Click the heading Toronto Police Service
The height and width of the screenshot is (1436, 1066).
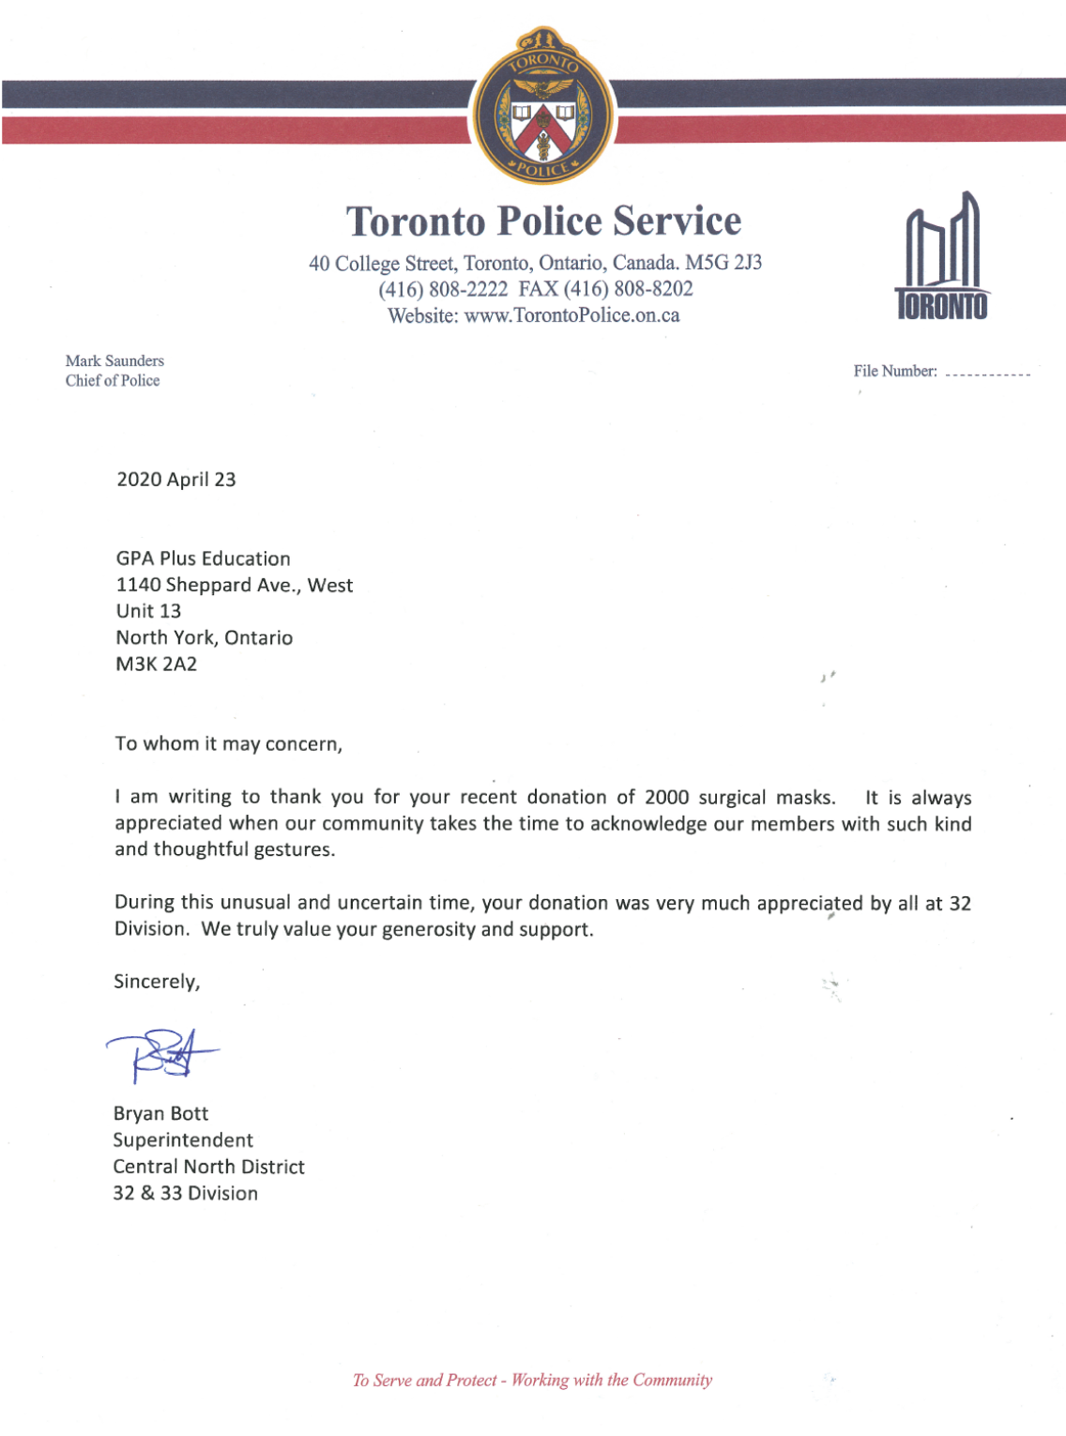(x=543, y=222)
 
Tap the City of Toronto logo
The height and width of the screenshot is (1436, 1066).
(x=941, y=258)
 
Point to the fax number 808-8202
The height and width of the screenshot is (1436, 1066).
(x=653, y=289)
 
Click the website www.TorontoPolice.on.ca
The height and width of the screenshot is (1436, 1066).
(x=571, y=315)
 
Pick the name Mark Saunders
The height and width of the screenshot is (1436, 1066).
(x=114, y=360)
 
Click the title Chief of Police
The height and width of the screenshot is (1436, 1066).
(x=113, y=380)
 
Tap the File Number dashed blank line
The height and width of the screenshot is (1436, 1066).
(x=987, y=374)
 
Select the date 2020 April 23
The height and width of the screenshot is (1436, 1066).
(x=176, y=480)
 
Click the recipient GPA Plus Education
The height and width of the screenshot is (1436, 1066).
(x=204, y=558)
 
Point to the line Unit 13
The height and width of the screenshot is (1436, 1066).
(x=148, y=611)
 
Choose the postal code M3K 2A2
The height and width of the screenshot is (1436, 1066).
(x=157, y=664)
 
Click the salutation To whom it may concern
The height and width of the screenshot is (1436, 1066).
(x=228, y=744)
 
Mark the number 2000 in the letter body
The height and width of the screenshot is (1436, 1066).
(x=667, y=798)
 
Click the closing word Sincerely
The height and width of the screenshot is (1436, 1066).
(x=157, y=982)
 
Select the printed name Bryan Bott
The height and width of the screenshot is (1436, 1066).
(x=160, y=1114)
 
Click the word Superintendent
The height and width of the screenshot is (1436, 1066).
(x=183, y=1140)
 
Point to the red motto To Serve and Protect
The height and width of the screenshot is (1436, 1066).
(x=424, y=1380)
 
